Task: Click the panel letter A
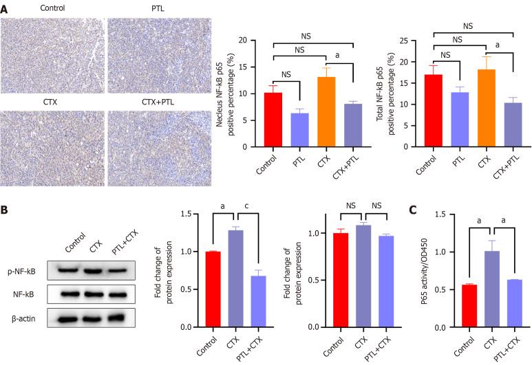click(x=5, y=6)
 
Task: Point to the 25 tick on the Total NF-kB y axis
click(x=416, y=40)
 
